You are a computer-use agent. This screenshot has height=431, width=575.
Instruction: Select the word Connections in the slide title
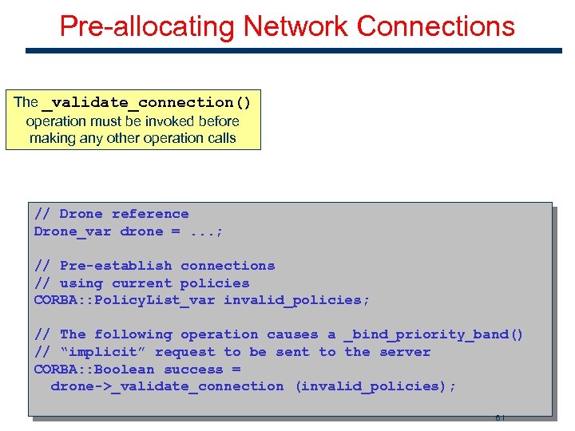click(436, 26)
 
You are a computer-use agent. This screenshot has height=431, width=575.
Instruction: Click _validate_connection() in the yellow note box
click(146, 102)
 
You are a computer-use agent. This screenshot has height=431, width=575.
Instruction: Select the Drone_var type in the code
click(73, 231)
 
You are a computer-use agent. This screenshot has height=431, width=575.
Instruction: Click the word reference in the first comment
click(150, 214)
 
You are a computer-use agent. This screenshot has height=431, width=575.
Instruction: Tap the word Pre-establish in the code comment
click(116, 266)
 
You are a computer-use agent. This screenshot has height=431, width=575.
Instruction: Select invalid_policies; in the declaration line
click(297, 300)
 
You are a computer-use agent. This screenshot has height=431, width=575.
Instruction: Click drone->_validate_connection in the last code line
click(167, 386)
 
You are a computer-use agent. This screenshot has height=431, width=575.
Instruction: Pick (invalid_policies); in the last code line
click(375, 386)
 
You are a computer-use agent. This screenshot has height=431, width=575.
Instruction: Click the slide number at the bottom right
click(499, 417)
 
